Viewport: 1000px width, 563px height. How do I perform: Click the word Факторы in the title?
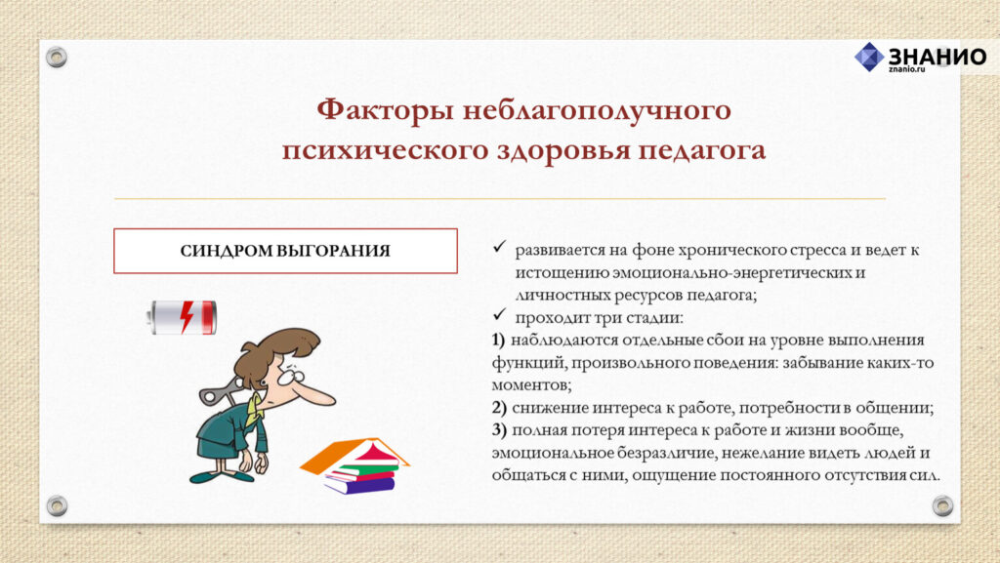(x=385, y=110)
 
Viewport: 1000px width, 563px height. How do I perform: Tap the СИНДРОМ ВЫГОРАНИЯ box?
(x=286, y=251)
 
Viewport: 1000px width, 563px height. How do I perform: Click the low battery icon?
(x=183, y=317)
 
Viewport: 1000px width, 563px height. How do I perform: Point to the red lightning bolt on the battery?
(x=187, y=317)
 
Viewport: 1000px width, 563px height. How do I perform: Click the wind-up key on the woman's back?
(x=217, y=391)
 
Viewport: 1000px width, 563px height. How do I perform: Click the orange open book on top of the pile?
(x=354, y=454)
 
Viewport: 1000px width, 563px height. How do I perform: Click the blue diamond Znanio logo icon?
(x=869, y=57)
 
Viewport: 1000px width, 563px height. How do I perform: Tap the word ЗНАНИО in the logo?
(x=937, y=56)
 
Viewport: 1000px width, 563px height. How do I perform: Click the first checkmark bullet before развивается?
(x=499, y=247)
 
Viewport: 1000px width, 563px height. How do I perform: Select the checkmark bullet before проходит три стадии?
(x=499, y=314)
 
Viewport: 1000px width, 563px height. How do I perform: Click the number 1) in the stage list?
(x=498, y=341)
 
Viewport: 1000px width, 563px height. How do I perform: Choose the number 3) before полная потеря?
(x=499, y=430)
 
